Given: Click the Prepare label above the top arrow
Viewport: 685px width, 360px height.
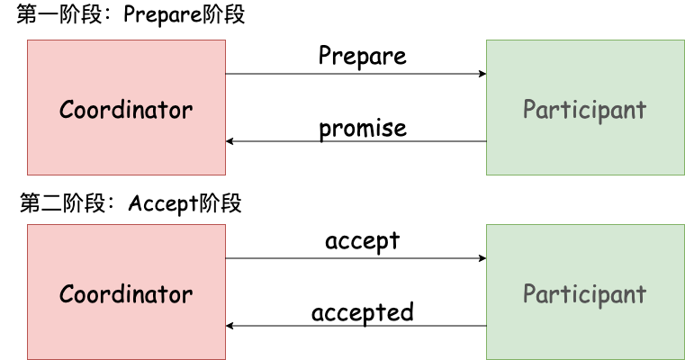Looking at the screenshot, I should pos(362,57).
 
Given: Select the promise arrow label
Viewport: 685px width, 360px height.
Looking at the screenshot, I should pos(362,129).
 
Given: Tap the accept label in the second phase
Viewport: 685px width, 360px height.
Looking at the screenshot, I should pos(362,241).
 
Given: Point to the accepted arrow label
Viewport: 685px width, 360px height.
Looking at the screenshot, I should pos(362,312).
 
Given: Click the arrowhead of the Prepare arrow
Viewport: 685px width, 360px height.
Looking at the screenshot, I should pos(482,74).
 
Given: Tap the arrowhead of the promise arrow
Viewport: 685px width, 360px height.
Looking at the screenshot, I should pos(230,141).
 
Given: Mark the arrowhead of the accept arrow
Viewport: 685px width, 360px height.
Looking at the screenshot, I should pos(482,258).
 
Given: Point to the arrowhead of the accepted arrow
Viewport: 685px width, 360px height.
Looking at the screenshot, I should pos(230,326).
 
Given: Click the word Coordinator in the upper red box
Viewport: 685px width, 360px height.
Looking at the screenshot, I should pos(126,111).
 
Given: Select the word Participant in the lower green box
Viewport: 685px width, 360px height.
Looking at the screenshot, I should pos(584,295).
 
